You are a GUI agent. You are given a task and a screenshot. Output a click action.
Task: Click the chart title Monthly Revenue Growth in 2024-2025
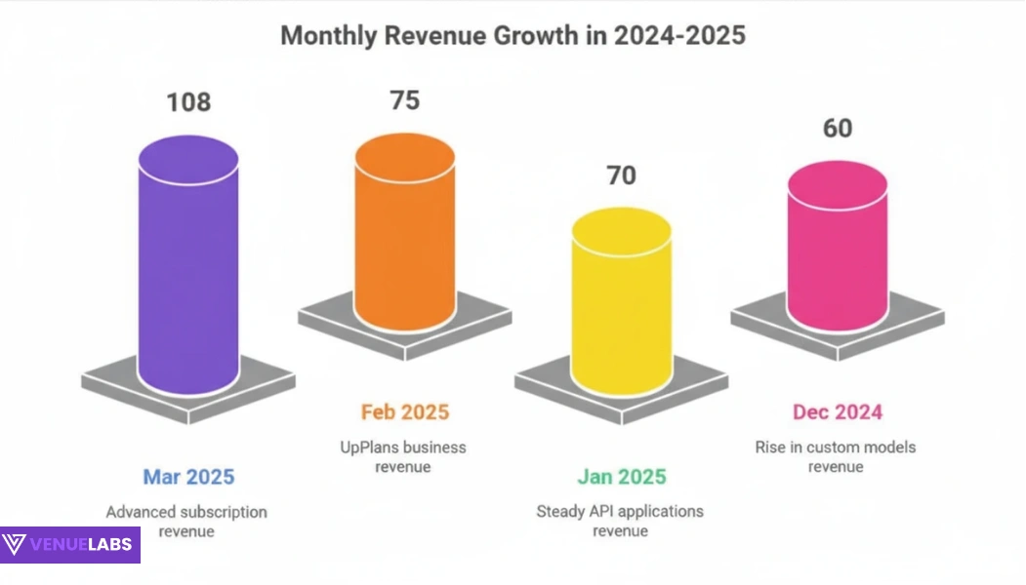pyautogui.click(x=513, y=36)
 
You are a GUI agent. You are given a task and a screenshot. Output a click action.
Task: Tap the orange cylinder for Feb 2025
pyautogui.click(x=404, y=234)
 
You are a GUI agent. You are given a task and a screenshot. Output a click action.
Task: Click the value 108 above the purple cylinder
pyautogui.click(x=188, y=102)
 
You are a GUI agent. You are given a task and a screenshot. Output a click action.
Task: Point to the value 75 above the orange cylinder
pyautogui.click(x=404, y=100)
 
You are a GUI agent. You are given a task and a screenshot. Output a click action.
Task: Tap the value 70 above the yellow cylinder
pyautogui.click(x=621, y=175)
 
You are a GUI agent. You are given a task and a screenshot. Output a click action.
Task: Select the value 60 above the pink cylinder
pyautogui.click(x=837, y=128)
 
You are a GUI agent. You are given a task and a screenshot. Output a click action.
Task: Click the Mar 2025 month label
pyautogui.click(x=188, y=477)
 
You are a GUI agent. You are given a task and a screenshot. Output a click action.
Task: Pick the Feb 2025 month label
pyautogui.click(x=405, y=411)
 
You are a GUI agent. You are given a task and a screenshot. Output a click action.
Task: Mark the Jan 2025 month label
pyautogui.click(x=621, y=477)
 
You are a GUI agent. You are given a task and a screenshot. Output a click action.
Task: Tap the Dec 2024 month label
pyautogui.click(x=837, y=411)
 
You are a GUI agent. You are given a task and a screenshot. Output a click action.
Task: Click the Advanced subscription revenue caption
pyautogui.click(x=186, y=522)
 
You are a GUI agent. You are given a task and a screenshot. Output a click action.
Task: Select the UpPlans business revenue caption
pyautogui.click(x=402, y=457)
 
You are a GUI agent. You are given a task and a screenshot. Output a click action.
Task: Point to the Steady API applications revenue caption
pyautogui.click(x=620, y=522)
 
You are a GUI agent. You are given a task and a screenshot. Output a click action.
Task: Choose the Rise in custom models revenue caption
pyautogui.click(x=836, y=457)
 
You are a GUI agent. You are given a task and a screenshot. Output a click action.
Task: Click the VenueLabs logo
pyautogui.click(x=70, y=545)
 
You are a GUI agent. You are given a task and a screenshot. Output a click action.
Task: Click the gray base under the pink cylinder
pyautogui.click(x=909, y=321)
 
